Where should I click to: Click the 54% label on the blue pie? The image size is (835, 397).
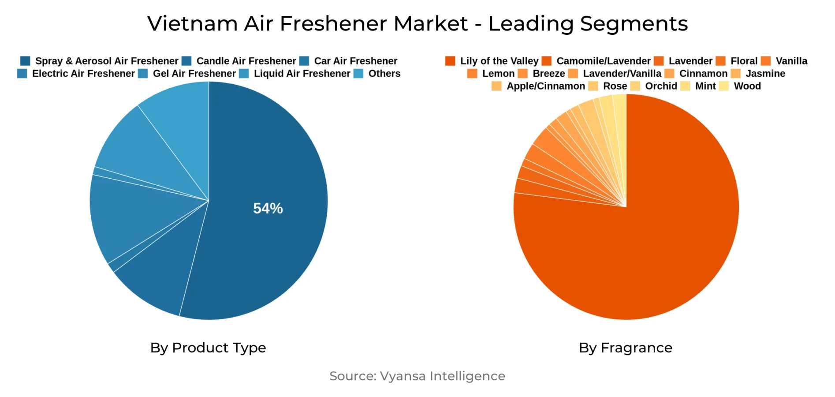click(x=268, y=208)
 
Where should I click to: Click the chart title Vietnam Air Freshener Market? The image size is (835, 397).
click(x=417, y=23)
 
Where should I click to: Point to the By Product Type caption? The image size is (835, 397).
click(x=208, y=348)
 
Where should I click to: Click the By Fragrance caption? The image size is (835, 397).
click(x=625, y=348)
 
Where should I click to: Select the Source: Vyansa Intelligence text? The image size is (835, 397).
click(x=417, y=376)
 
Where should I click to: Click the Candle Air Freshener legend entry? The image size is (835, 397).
click(x=246, y=61)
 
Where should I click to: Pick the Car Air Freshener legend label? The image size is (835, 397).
click(x=355, y=61)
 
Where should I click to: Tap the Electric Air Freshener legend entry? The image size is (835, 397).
click(x=83, y=74)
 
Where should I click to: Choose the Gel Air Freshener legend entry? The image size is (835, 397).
click(x=194, y=74)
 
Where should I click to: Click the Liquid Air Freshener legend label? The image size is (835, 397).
click(x=302, y=74)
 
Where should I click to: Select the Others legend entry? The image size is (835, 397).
click(x=384, y=74)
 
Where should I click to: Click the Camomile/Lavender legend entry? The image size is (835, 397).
click(x=603, y=61)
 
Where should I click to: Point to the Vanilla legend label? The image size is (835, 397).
click(x=791, y=61)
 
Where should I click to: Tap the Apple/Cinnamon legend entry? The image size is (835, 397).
click(x=545, y=86)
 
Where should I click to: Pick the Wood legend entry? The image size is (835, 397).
click(x=747, y=86)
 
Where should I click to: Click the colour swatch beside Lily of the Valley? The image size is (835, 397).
click(x=450, y=61)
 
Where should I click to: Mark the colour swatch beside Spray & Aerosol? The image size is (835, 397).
click(x=25, y=61)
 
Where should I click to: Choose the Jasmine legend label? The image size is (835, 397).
click(x=765, y=74)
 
